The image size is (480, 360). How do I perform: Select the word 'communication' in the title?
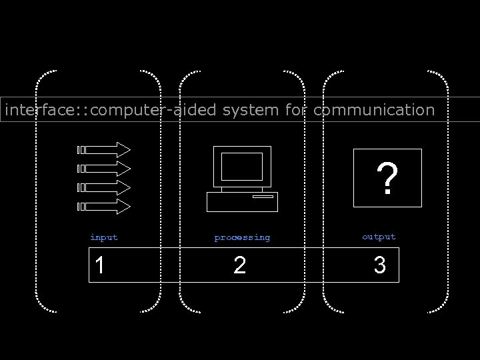[x=373, y=109]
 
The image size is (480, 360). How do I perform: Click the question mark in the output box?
[x=388, y=179]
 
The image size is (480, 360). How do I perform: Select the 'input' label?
[x=103, y=237]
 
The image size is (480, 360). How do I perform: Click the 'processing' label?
[x=242, y=237]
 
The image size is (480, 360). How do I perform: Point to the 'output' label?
[x=379, y=237]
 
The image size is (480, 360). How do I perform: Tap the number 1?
[x=99, y=266]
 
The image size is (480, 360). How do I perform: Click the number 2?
[x=240, y=266]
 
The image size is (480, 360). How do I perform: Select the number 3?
[x=379, y=266]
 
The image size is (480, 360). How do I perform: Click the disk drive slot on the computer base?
[x=263, y=197]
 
